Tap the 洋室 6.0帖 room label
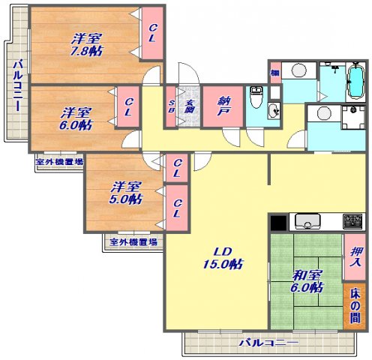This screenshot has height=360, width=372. click(x=76, y=118)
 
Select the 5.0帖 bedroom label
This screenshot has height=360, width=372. click(x=126, y=193)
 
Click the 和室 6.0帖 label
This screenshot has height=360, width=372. click(x=307, y=280)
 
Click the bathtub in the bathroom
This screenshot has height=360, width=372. click(x=354, y=82)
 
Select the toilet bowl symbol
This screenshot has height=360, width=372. click(x=256, y=96)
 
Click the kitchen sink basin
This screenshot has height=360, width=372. click(x=308, y=222)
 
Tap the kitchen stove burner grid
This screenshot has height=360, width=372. click(x=352, y=221)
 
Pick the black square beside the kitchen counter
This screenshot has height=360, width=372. click(x=277, y=223)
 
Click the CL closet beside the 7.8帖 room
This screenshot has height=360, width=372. click(x=152, y=34)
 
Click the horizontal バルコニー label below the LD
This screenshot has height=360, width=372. click(x=268, y=343)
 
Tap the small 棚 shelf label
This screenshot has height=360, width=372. click(x=275, y=73)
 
